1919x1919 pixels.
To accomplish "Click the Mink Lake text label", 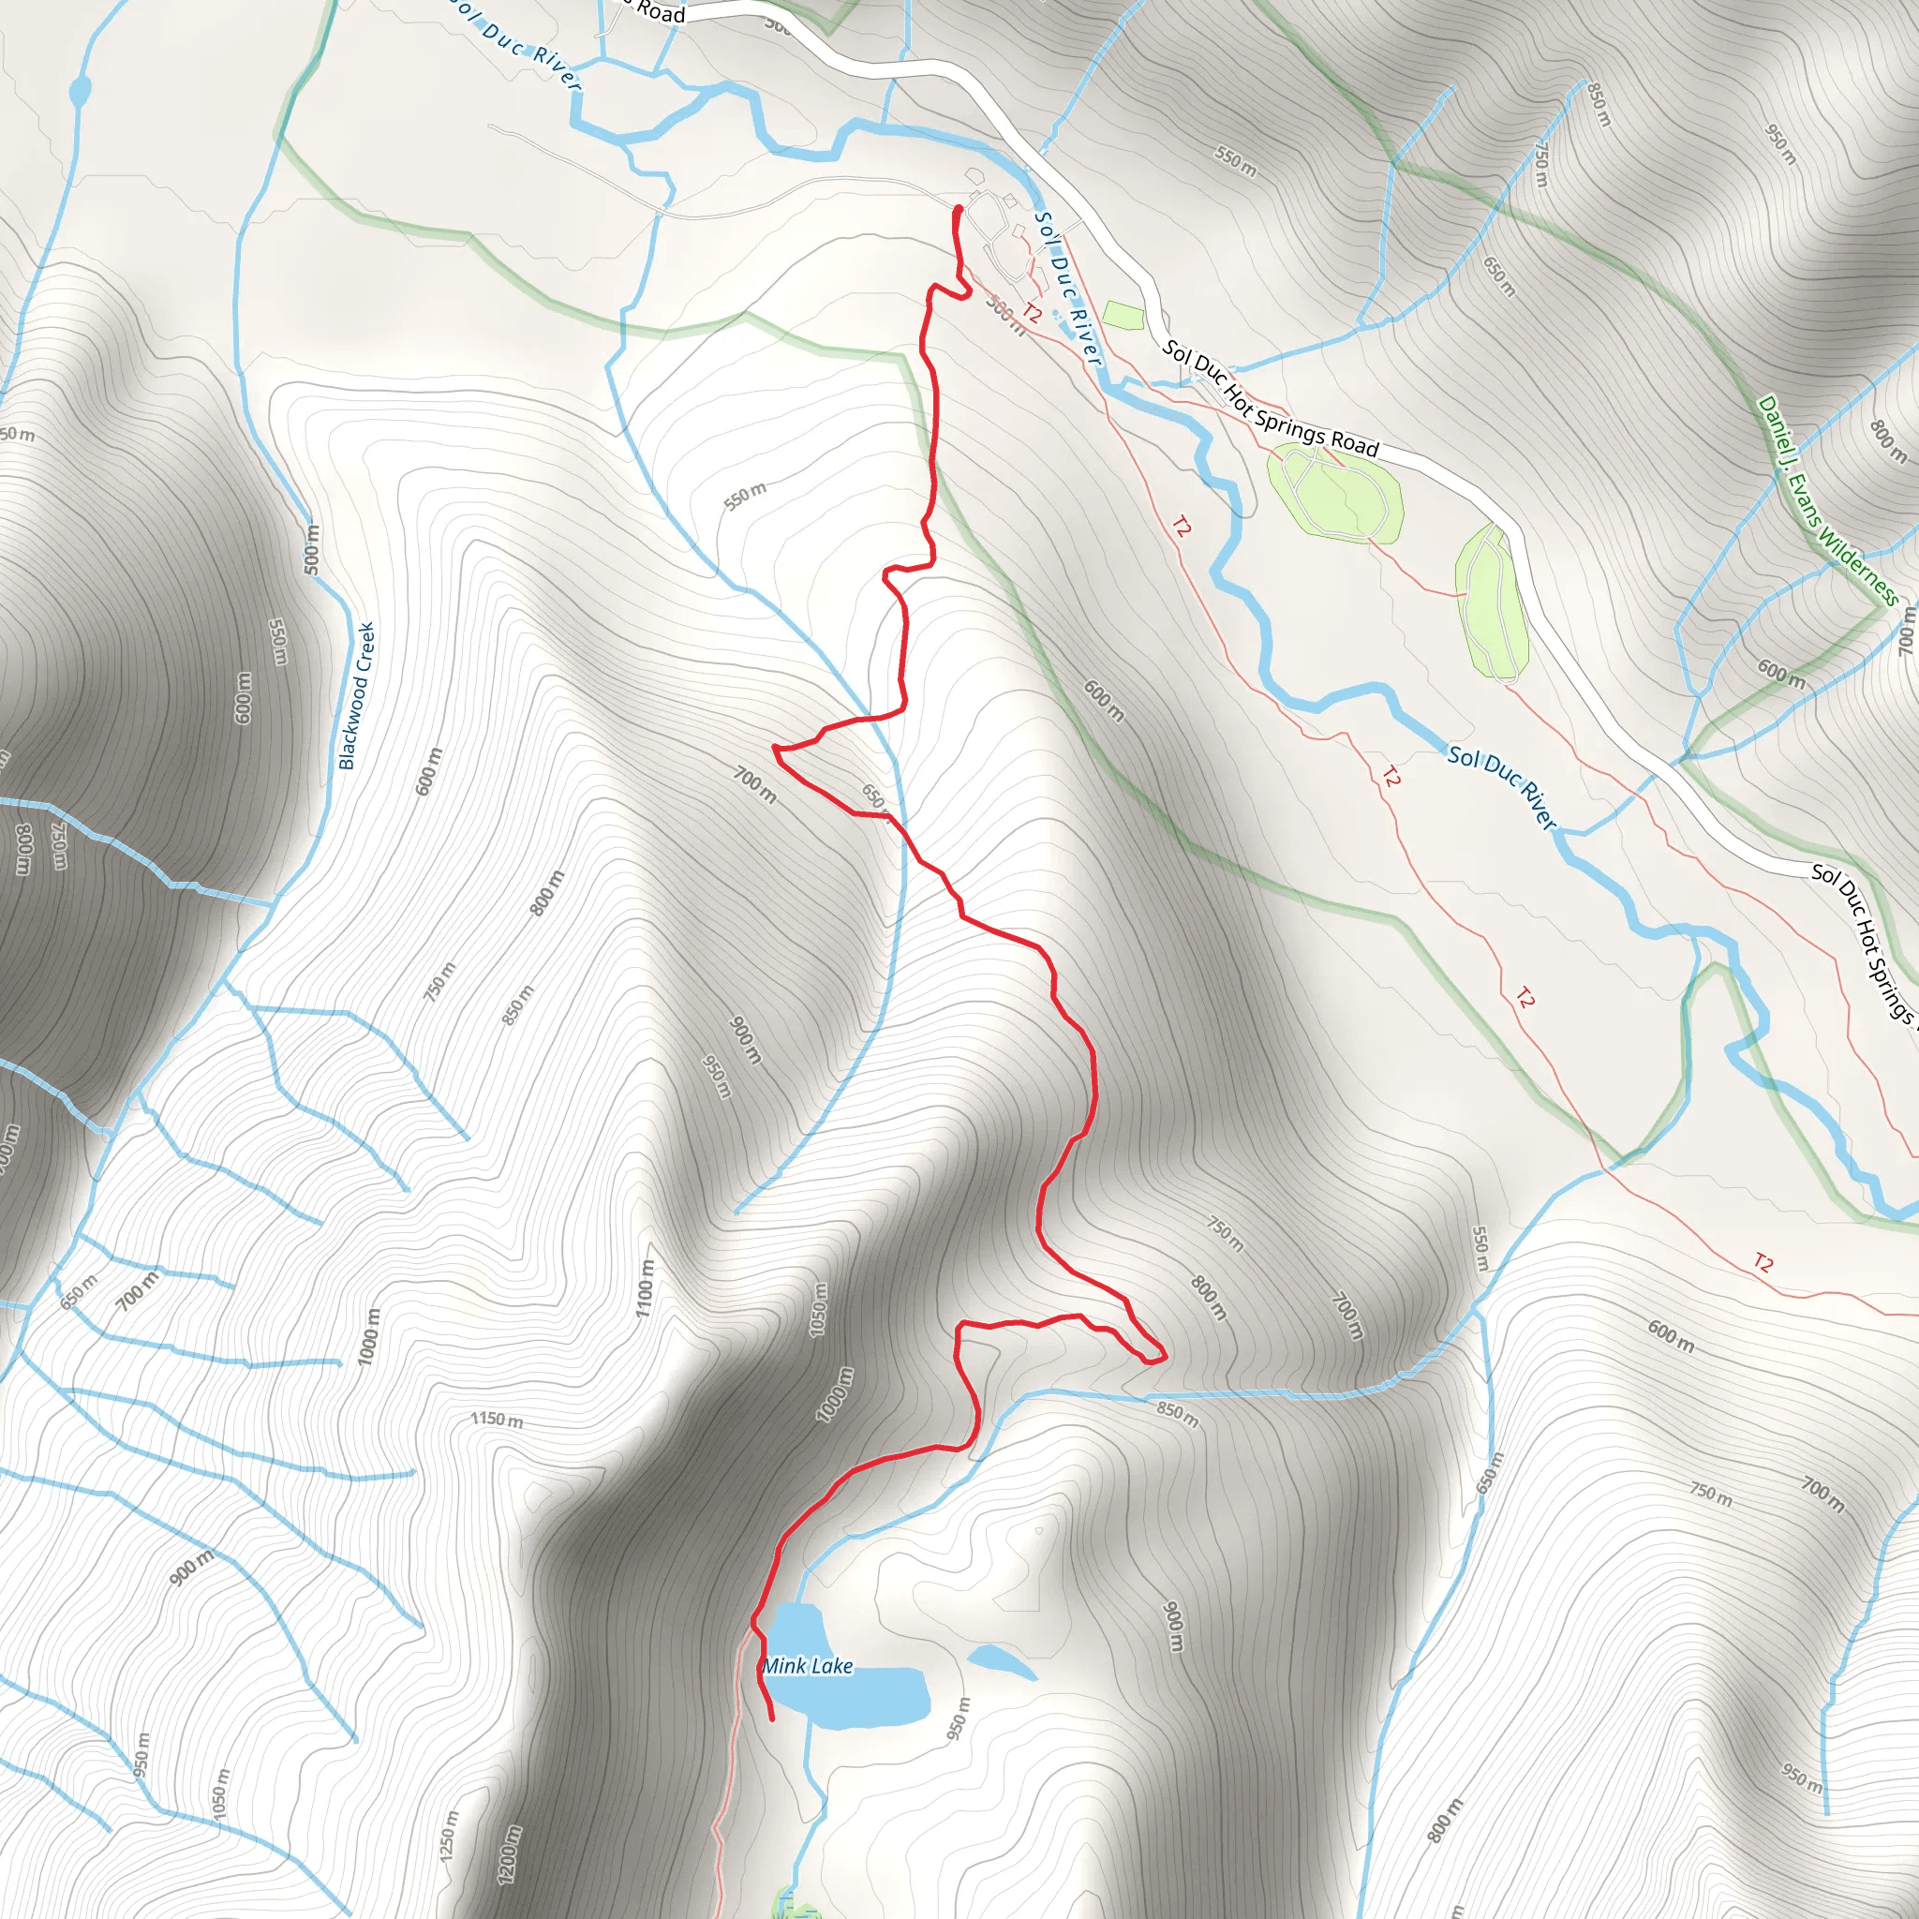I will [808, 1667].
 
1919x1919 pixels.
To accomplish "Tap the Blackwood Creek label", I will [357, 695].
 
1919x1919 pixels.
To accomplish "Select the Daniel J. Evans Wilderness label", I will [1827, 500].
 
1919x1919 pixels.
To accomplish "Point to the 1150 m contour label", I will [497, 1420].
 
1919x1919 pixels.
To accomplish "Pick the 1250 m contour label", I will [449, 1836].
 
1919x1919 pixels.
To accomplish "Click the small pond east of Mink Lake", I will [1002, 1660].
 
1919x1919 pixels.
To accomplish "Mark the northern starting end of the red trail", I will [958, 209].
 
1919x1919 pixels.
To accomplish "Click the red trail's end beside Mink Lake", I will [772, 1718].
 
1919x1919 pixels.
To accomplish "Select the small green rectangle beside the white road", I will [1123, 316].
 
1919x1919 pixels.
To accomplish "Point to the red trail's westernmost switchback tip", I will [775, 747].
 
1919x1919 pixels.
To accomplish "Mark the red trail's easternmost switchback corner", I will [1163, 1356].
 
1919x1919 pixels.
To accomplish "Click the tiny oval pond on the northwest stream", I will [80, 94].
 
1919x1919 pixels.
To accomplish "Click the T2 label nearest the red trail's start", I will [1032, 314].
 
